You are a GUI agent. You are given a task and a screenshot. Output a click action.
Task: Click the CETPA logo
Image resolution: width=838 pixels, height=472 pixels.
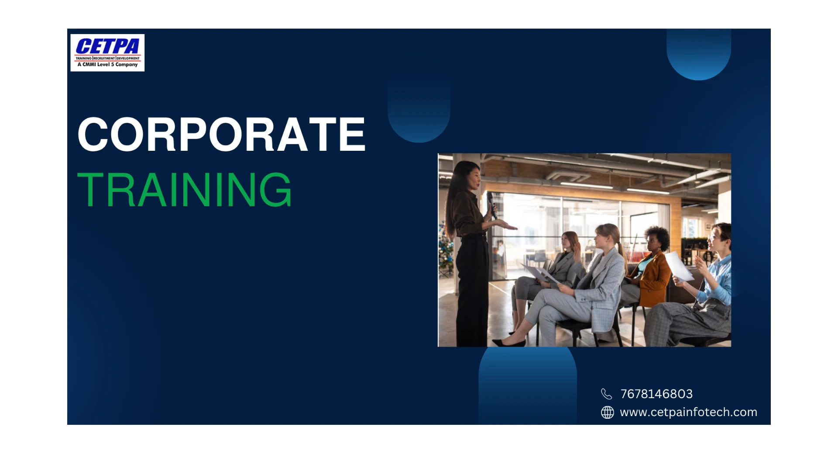coord(107,52)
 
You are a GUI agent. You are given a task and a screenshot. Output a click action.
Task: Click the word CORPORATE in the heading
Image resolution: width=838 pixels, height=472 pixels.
coord(221,134)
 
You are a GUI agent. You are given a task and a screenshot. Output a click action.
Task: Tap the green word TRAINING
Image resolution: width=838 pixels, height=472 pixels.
coord(184,190)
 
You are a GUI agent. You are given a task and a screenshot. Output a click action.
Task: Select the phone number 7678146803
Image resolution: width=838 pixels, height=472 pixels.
coord(656,394)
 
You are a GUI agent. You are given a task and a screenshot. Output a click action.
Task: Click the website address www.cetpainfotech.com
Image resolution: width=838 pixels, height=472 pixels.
coord(688,412)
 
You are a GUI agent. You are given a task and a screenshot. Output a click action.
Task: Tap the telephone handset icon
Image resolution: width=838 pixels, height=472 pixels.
coord(607,394)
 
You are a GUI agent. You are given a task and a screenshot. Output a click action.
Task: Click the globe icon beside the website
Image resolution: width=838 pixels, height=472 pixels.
coord(607,412)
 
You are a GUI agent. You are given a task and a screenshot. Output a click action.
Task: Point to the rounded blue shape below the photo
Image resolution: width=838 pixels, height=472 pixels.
coord(527,385)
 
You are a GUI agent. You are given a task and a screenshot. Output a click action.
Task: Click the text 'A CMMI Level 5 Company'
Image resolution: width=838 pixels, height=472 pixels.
coord(107,65)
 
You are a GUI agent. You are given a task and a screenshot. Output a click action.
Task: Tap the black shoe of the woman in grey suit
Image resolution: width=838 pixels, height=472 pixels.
coord(509,343)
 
